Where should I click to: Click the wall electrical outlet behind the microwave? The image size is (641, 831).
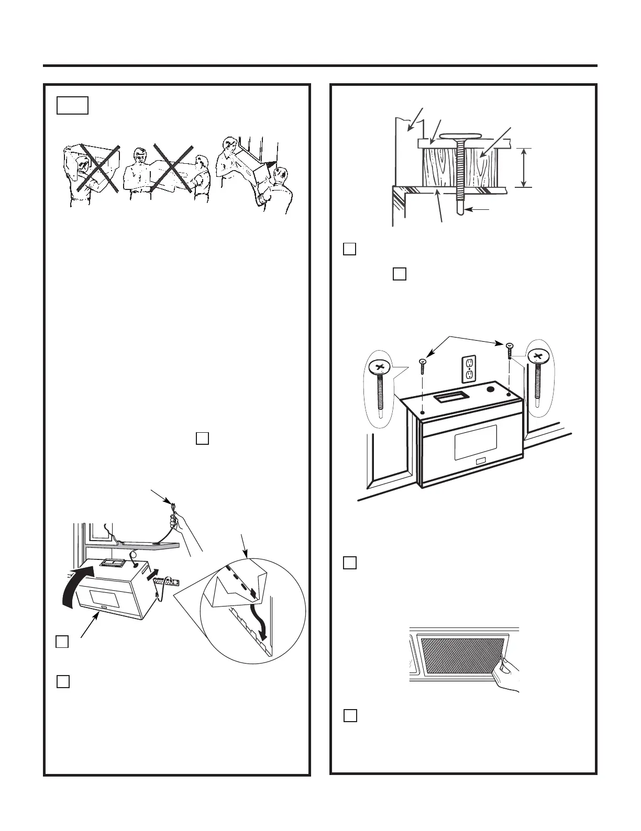click(469, 369)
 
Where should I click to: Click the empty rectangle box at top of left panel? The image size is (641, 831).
click(73, 105)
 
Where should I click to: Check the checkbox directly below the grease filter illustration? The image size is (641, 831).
click(350, 715)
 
